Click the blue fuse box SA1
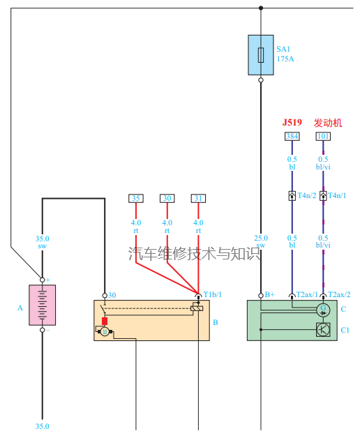(x=260, y=55)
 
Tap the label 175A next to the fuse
(x=285, y=59)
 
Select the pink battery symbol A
(x=42, y=305)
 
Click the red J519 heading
(x=292, y=122)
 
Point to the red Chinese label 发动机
(x=328, y=122)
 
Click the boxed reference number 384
(x=292, y=136)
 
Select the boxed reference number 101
(x=323, y=136)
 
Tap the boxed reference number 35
(x=136, y=198)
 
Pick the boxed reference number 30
(x=167, y=198)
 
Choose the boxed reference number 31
(x=198, y=198)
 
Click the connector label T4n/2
(x=307, y=196)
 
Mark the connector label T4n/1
(x=338, y=196)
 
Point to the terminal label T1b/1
(x=212, y=294)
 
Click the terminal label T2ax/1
(x=307, y=294)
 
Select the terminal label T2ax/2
(x=339, y=294)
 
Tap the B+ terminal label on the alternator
(x=269, y=294)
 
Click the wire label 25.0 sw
(x=260, y=241)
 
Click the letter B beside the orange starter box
(x=216, y=322)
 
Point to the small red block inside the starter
(x=105, y=321)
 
